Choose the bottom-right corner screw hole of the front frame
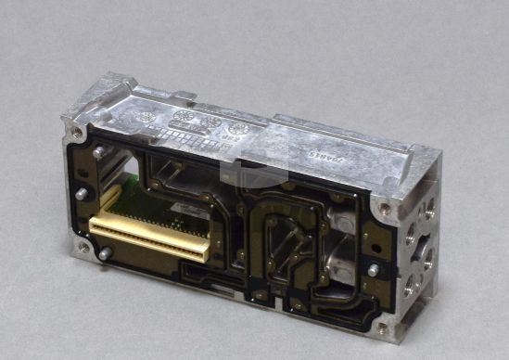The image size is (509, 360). [x=381, y=327]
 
